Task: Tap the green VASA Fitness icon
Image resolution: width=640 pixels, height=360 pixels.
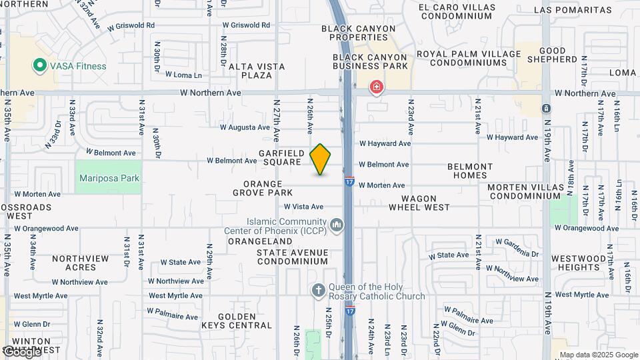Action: coord(39,65)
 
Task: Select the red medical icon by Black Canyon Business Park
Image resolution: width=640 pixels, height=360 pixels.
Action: coord(377,87)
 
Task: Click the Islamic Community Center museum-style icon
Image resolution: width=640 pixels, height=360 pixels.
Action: coord(337,227)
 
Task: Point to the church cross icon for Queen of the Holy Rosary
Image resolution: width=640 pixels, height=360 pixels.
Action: coord(319,290)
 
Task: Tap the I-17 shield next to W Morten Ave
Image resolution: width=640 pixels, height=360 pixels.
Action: coord(349,181)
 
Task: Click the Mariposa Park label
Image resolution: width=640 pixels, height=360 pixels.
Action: coord(109,178)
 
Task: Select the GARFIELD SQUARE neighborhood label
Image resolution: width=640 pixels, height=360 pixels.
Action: coord(282,157)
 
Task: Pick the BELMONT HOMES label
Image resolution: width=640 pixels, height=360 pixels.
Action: coord(470,171)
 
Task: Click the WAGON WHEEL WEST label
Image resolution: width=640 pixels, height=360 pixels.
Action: coord(428,203)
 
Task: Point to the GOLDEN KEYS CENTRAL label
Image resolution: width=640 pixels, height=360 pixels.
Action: coord(236,320)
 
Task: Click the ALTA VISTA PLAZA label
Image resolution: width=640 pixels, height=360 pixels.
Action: coord(257,71)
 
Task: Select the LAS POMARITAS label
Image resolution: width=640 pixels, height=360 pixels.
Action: coord(573,10)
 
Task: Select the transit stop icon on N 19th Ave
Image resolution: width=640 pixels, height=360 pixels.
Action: coord(546,109)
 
